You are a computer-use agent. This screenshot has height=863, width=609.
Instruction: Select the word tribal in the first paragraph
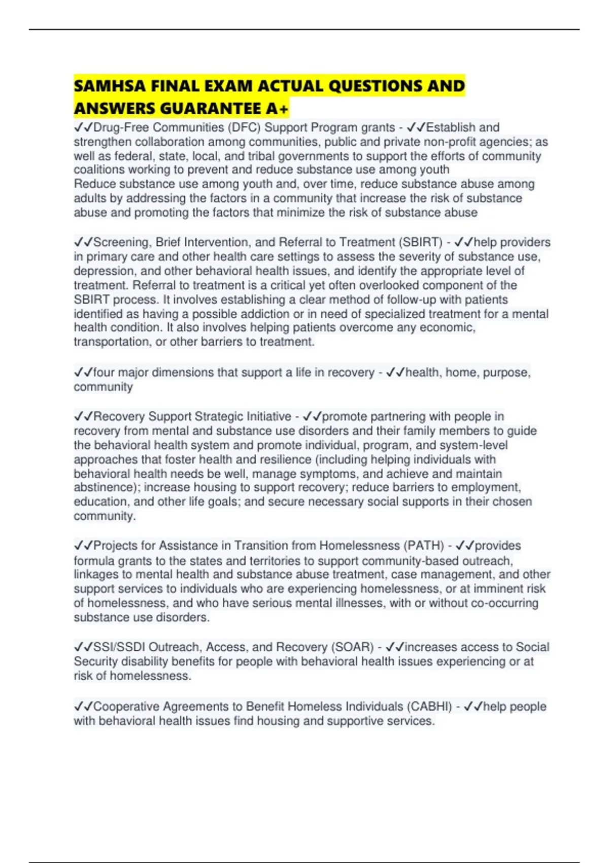tap(261, 156)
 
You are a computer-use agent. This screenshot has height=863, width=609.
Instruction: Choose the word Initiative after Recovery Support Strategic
tap(268, 417)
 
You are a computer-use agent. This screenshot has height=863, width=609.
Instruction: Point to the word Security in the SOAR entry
tap(95, 661)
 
